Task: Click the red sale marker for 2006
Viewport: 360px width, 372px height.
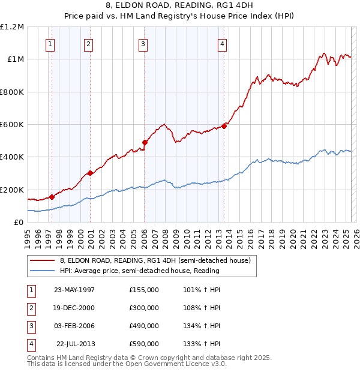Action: (145, 142)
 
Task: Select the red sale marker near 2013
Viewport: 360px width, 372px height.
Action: (224, 126)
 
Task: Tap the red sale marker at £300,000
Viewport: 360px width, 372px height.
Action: (91, 173)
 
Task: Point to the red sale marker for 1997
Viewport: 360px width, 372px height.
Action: (52, 196)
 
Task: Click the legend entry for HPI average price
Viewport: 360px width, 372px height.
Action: (139, 271)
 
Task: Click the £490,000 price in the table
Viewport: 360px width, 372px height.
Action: (143, 326)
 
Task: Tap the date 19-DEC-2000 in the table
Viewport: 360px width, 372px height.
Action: (74, 308)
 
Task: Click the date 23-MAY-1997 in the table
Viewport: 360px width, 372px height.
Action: (74, 290)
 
